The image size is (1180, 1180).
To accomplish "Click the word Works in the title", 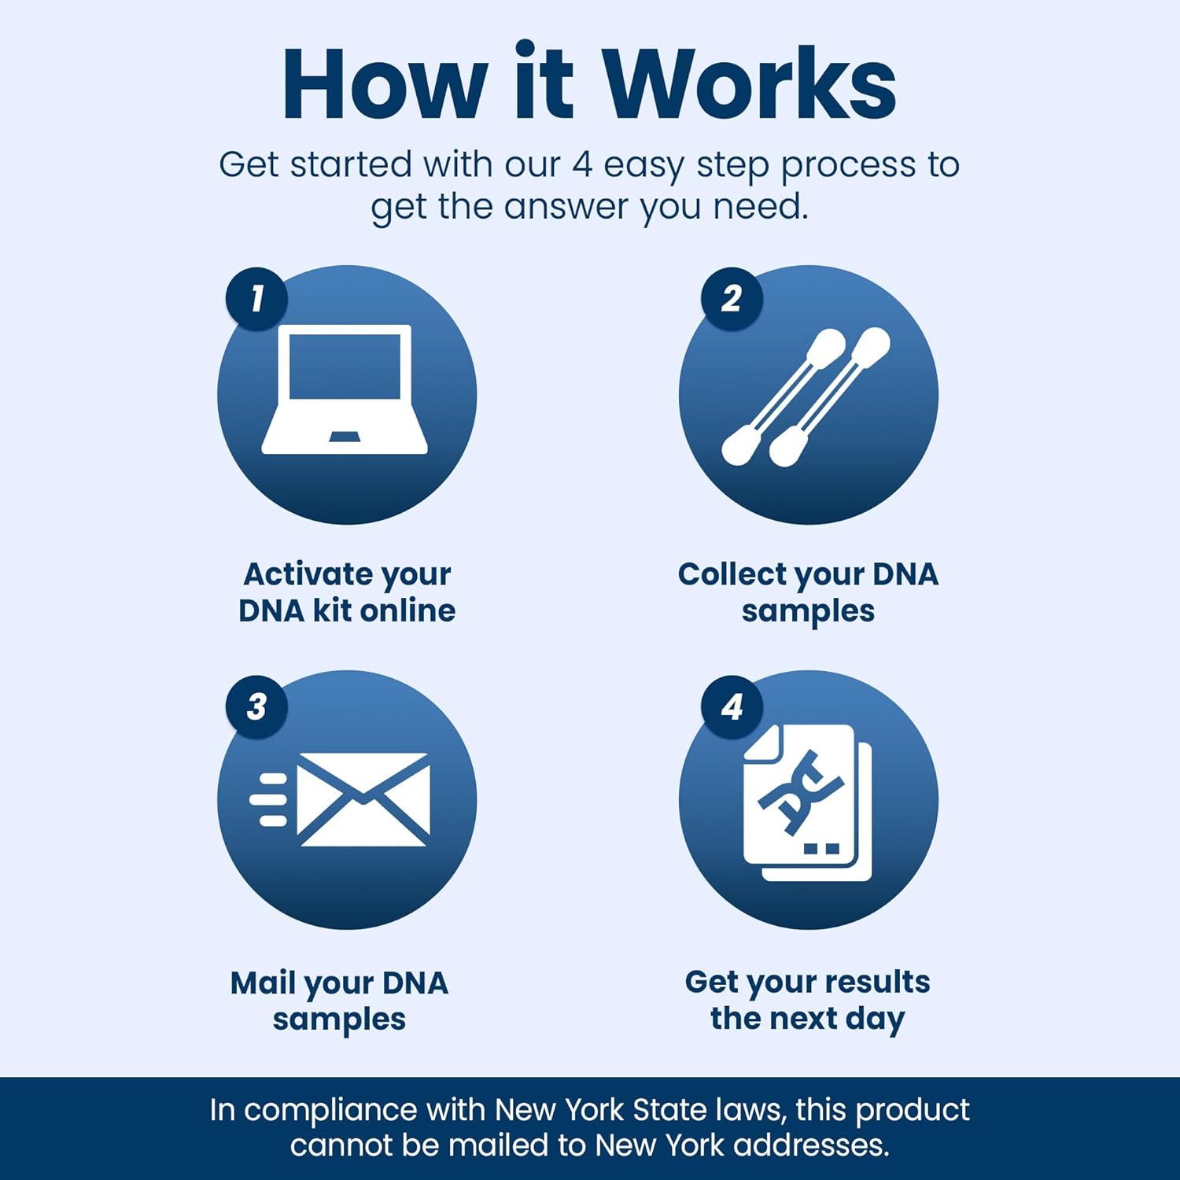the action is pos(750,85).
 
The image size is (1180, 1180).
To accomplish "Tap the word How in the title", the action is pos(385,85).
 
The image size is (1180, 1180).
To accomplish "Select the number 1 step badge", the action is pos(256,299).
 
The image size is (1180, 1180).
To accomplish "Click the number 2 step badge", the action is pos(732,299).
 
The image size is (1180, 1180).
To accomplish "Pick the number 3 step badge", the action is pos(256,706).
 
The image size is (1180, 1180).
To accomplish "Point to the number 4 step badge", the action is pos(732,706).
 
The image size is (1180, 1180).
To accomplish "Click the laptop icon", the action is pos(345,389).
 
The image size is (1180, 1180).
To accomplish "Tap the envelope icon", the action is pos(363,799).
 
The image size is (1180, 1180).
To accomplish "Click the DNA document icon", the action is pos(806,802).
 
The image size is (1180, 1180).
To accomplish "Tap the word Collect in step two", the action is pos(732,574).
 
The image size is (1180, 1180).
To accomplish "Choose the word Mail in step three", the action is pos(263,983).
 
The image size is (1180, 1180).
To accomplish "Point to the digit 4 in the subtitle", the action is pos(581,165).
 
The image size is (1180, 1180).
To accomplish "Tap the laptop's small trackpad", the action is pos(345,437).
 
